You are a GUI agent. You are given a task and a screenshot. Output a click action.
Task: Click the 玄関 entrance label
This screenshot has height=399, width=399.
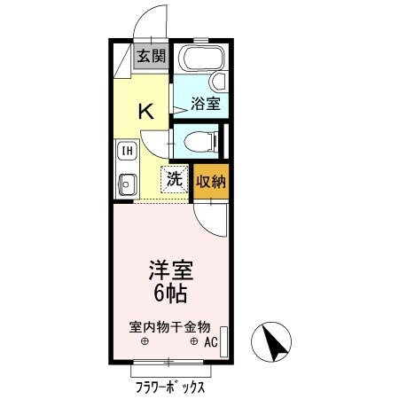pyautogui.click(x=151, y=57)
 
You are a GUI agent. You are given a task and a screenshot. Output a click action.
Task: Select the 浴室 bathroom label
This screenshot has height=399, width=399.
pyautogui.click(x=207, y=103)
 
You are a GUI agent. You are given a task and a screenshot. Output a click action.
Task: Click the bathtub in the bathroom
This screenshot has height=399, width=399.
pyautogui.click(x=200, y=63)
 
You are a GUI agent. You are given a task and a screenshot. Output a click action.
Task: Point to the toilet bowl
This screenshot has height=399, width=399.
pyautogui.click(x=195, y=140)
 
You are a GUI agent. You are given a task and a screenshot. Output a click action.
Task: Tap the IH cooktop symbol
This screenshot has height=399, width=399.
pyautogui.click(x=128, y=152)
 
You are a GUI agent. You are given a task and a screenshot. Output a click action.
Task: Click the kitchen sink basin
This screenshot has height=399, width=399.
pyautogui.click(x=127, y=186)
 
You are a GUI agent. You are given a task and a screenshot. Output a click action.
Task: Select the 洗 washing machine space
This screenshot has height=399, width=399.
pyautogui.click(x=176, y=179)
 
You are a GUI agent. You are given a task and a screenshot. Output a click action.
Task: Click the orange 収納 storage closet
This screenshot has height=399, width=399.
pyautogui.click(x=211, y=181)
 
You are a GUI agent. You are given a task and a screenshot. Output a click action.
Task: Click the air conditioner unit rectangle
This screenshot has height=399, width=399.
pyautogui.click(x=223, y=340)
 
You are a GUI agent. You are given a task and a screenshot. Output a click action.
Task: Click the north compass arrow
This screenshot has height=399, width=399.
pyautogui.click(x=276, y=342)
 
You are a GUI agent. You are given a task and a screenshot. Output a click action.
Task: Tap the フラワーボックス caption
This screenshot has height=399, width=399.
pyautogui.click(x=169, y=387)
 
